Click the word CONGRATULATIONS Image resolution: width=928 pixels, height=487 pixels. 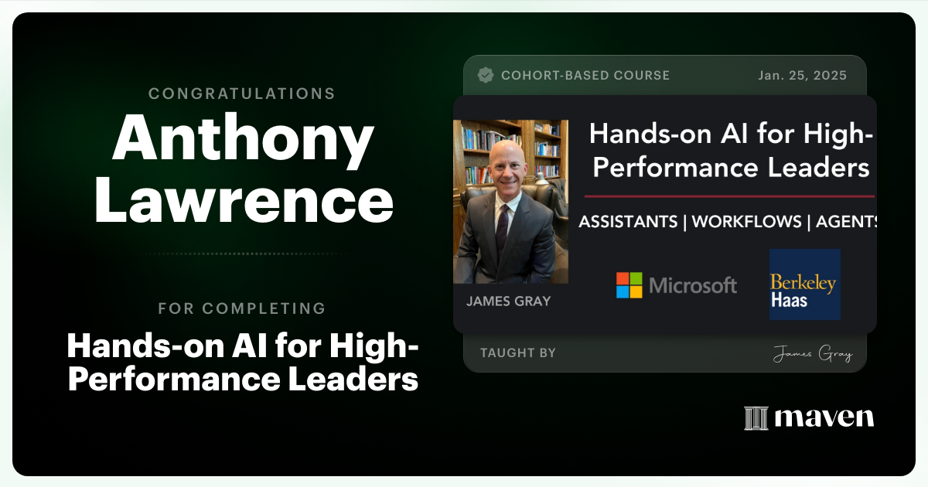(242, 94)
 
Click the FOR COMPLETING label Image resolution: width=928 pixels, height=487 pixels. (242, 308)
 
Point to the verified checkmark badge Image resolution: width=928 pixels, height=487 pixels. (486, 75)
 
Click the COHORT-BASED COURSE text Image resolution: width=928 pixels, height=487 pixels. (585, 76)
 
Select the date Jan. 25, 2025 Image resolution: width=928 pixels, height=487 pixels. (803, 76)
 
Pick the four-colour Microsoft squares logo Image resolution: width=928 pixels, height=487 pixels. (629, 284)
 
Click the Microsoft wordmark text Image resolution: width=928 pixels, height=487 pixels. (693, 285)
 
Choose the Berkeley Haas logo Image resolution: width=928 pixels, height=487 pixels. (804, 284)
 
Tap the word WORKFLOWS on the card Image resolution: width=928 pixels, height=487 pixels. (746, 222)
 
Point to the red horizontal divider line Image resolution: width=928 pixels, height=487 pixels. (729, 196)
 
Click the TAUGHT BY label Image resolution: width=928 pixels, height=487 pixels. (518, 353)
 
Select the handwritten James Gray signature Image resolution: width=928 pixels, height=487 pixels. (812, 355)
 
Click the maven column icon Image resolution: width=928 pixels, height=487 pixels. (755, 418)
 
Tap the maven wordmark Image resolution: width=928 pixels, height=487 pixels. (824, 418)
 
